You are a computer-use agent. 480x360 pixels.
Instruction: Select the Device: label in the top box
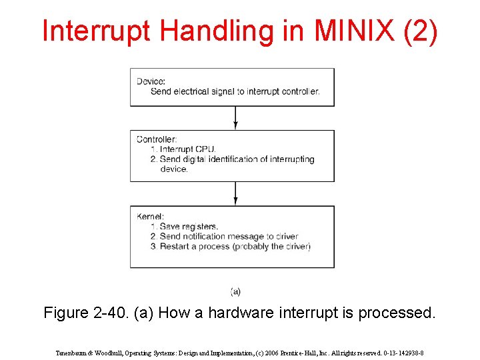pyautogui.click(x=151, y=81)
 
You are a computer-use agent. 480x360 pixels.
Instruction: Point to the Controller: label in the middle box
pyautogui.click(x=157, y=139)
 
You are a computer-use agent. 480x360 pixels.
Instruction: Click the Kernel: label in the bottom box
pyautogui.click(x=151, y=217)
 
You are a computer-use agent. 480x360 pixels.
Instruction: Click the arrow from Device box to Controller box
pyautogui.click(x=235, y=117)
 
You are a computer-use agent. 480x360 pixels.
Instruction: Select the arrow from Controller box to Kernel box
pyautogui.click(x=235, y=193)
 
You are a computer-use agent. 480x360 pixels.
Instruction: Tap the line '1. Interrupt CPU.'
pyautogui.click(x=183, y=149)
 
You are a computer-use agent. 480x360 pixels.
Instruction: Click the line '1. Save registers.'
pyautogui.click(x=184, y=227)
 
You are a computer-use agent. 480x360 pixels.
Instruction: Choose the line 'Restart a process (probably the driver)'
pyautogui.click(x=230, y=247)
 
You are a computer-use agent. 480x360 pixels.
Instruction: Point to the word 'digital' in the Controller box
pyautogui.click(x=206, y=159)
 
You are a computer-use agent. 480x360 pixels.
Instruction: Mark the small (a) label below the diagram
pyautogui.click(x=235, y=291)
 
